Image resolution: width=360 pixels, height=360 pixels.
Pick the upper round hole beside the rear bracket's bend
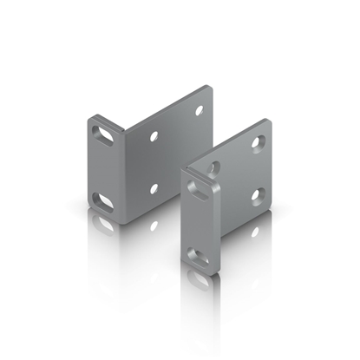coord(154,136)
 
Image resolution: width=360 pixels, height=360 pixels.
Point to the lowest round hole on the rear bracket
coord(154,187)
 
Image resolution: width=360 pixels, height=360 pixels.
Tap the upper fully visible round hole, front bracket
coord(258,141)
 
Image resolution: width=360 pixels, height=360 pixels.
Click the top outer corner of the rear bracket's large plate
coord(212,87)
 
